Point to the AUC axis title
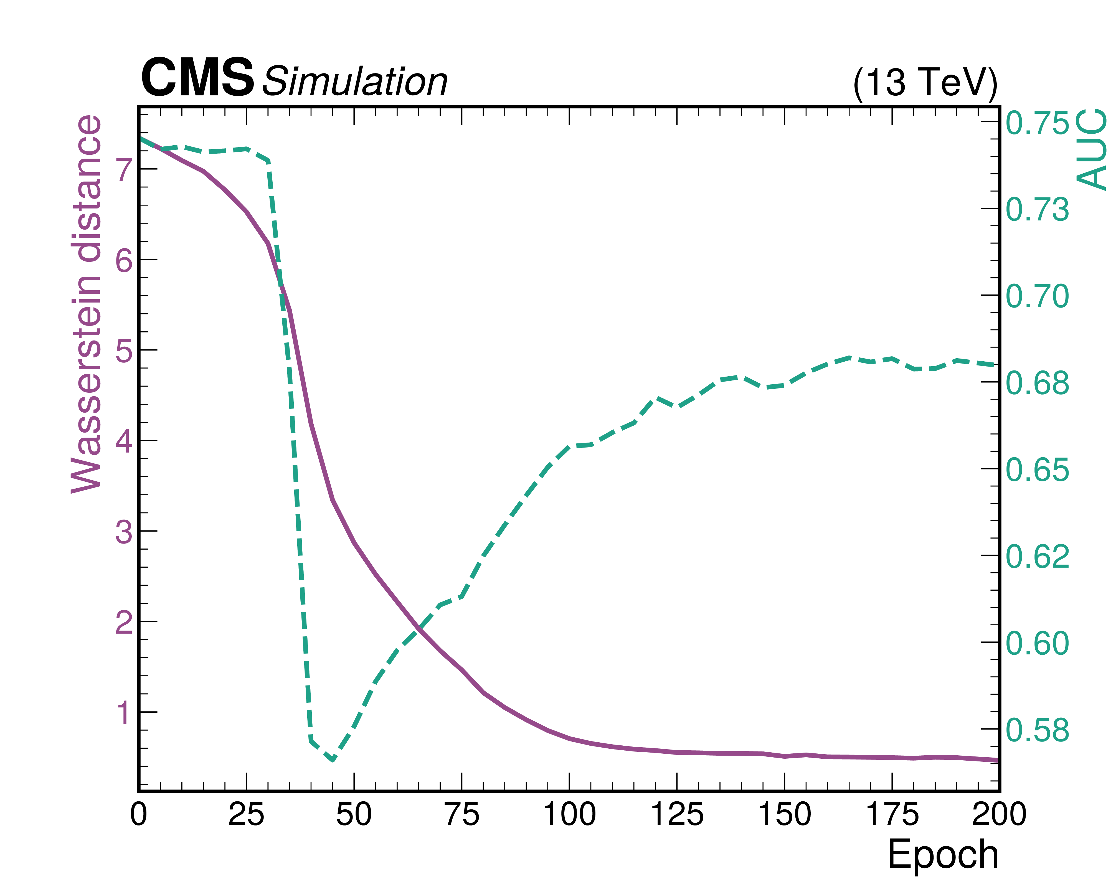(1091, 149)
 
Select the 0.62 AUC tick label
(1037, 557)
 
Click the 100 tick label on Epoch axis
(569, 815)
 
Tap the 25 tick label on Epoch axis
(246, 815)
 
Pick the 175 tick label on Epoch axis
(892, 815)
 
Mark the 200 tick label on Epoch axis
(999, 815)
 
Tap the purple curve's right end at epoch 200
(997, 760)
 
